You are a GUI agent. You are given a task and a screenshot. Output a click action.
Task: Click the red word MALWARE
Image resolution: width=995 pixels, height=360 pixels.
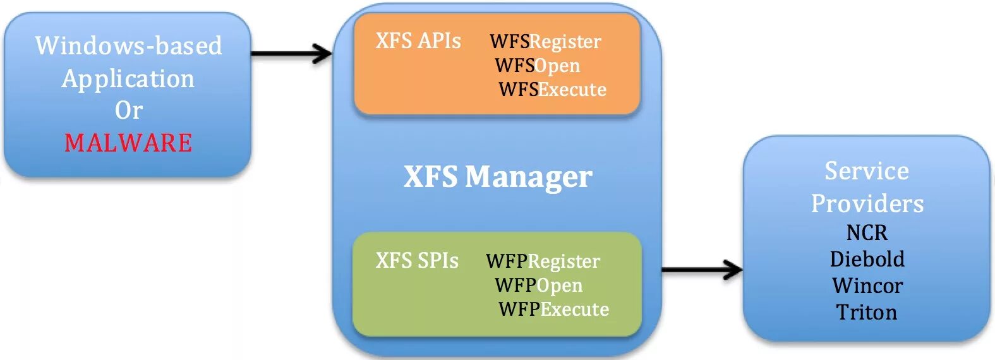128,143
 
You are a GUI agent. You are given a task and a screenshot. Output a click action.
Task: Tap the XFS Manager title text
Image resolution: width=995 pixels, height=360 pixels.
498,177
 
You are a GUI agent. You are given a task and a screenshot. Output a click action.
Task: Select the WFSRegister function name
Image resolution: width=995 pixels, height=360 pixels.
545,42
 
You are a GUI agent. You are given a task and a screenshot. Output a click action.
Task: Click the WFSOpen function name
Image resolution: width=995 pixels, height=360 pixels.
537,66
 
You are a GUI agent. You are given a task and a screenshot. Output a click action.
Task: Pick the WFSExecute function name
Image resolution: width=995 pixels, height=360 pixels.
552,90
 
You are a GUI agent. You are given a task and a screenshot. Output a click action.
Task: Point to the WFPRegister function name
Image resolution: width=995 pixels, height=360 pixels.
543,261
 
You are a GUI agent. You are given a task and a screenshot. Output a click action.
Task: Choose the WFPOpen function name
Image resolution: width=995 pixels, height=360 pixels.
538,285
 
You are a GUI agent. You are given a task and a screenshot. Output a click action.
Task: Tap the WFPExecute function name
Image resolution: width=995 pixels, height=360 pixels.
553,309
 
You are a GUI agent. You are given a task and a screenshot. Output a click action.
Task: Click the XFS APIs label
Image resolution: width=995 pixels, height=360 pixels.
418,41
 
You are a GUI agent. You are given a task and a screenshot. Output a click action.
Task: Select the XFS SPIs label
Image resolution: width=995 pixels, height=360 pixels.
417,261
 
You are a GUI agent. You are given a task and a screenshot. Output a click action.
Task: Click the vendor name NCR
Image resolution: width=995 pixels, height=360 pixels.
867,233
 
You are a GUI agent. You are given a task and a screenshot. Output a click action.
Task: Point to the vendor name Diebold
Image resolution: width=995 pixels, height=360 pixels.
867,259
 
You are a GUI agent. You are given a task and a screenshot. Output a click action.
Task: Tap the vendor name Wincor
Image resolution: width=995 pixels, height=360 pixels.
867,285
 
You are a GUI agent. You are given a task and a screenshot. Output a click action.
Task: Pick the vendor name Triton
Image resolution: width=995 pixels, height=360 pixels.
867,312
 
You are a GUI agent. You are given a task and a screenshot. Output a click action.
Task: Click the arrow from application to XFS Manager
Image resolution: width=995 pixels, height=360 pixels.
291,54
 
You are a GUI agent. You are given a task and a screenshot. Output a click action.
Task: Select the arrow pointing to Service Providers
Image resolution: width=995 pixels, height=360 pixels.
702,270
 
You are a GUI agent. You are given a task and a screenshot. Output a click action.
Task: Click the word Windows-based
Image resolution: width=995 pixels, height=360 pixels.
128,45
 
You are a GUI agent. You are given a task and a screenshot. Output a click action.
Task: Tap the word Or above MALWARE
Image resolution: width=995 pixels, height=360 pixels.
128,111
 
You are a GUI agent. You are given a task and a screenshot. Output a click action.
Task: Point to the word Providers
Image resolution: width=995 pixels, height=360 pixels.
867,203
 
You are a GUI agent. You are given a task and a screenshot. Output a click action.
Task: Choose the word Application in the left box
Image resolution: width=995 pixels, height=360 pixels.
128,78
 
